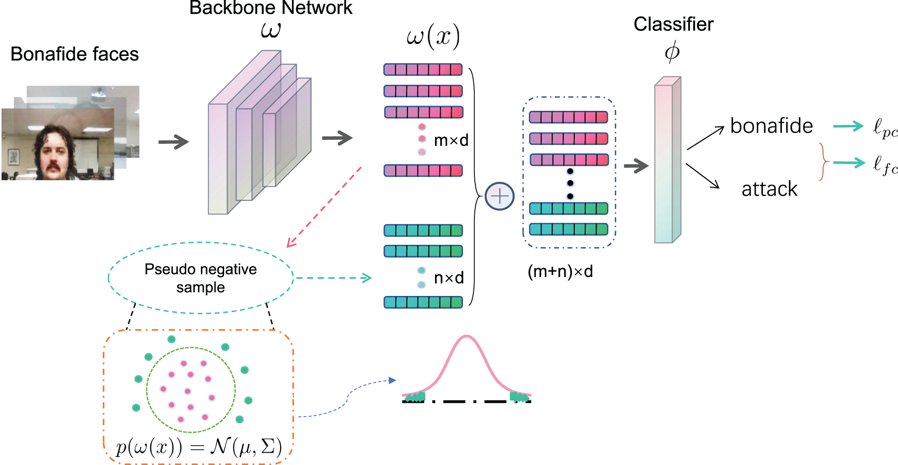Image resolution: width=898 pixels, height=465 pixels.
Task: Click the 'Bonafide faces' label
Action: (x=74, y=54)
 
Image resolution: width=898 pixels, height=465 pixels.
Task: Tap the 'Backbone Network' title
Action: (x=271, y=8)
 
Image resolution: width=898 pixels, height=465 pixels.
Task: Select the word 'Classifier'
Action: (x=673, y=24)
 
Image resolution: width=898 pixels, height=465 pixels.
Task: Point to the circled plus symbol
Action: (x=499, y=196)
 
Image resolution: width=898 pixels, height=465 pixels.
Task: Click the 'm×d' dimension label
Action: (x=451, y=140)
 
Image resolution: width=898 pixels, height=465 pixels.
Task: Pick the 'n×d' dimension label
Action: (x=449, y=277)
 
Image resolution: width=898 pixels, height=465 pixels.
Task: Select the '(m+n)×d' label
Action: (x=560, y=271)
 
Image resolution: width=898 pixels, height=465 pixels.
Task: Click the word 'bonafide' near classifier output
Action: (x=771, y=126)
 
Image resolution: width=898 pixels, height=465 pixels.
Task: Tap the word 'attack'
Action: (x=770, y=189)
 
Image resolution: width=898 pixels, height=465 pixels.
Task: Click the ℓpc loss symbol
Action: (x=885, y=127)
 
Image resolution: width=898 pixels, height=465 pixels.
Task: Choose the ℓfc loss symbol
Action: (x=885, y=165)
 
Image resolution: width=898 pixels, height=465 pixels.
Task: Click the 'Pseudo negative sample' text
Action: (x=200, y=278)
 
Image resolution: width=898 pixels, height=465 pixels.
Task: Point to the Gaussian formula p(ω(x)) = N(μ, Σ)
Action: (x=199, y=446)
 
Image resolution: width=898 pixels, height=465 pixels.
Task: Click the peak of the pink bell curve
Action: (x=467, y=336)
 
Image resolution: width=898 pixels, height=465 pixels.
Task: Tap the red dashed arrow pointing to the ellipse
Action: (x=324, y=207)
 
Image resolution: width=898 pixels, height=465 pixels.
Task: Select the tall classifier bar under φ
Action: (x=668, y=160)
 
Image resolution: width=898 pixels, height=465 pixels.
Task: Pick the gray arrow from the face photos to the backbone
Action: (x=173, y=142)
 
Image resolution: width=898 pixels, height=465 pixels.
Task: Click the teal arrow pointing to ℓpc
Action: (x=848, y=126)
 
